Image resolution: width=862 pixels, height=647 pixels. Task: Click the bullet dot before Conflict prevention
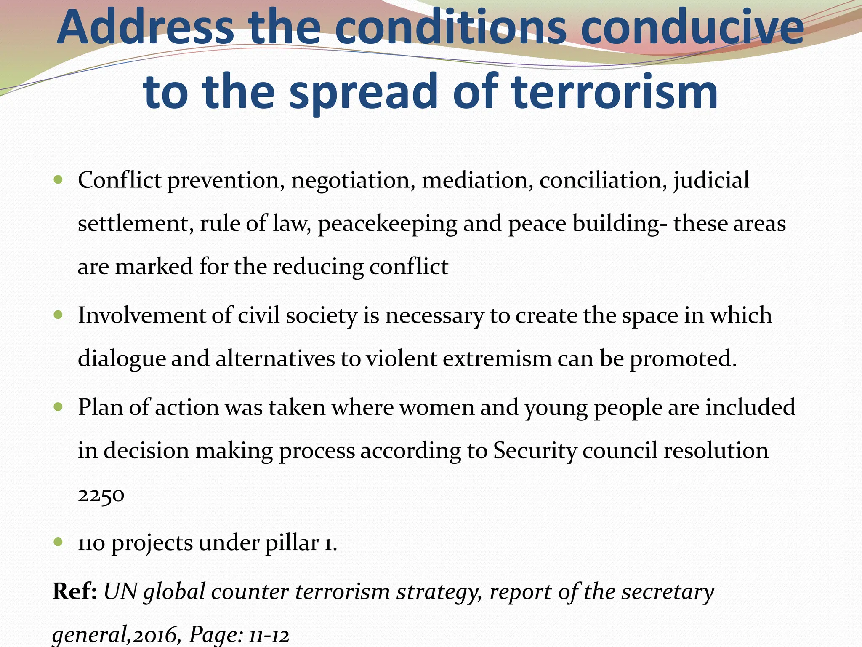pos(59,180)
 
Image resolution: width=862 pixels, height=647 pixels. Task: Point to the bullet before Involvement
pos(59,315)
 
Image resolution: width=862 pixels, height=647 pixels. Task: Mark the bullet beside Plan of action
pos(59,407)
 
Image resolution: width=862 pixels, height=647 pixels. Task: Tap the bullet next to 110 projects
pos(59,542)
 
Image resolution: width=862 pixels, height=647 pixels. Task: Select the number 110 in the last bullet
pos(91,543)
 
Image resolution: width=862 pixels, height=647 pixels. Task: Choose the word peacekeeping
pos(387,224)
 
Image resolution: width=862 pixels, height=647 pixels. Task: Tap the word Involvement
pos(142,315)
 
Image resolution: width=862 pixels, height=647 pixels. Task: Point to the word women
pos(436,408)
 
